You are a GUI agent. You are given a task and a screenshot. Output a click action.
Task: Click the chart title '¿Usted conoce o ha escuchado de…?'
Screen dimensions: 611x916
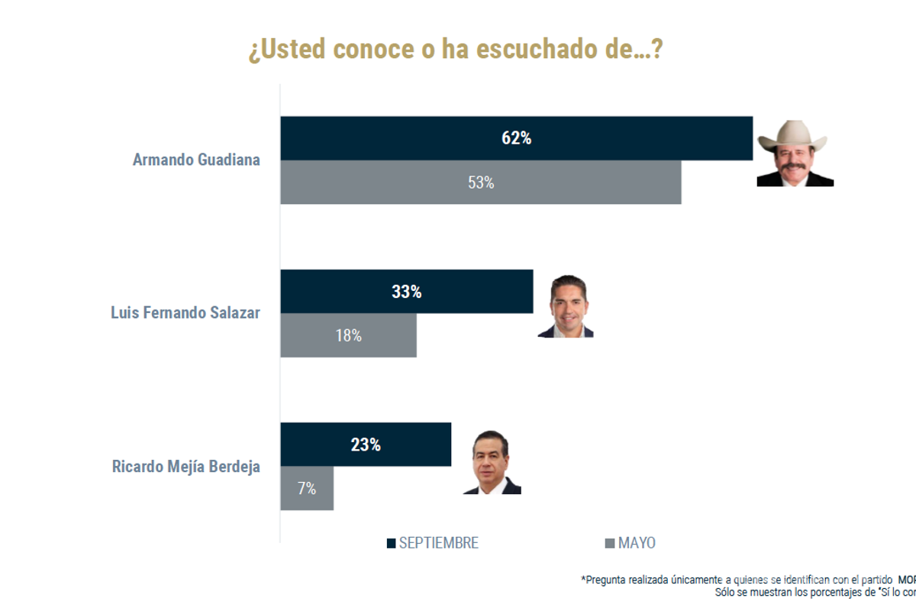coord(455,50)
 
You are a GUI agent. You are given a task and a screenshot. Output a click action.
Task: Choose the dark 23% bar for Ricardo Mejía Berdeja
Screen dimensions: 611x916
coord(321,445)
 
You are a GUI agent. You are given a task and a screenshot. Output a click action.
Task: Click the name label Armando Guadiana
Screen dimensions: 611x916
coord(196,160)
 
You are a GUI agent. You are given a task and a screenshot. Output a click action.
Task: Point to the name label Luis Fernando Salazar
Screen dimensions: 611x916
coord(185,313)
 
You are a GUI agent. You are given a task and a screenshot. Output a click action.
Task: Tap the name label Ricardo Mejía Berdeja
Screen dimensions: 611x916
coord(185,467)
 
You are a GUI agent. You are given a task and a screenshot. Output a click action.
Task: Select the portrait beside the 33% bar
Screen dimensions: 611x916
coord(565,306)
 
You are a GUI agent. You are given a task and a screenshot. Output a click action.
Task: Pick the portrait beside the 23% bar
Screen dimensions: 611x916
coord(492,463)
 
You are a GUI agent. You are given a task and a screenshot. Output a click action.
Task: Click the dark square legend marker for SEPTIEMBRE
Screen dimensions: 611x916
coord(391,544)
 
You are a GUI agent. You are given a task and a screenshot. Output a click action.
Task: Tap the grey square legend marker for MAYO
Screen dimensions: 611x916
coord(609,544)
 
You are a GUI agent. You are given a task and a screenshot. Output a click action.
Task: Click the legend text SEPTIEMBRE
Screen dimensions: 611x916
coord(439,544)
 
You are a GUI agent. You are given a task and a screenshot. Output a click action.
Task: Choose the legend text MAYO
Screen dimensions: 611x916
coord(637,544)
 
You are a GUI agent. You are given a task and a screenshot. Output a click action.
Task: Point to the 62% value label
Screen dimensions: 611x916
coord(516,138)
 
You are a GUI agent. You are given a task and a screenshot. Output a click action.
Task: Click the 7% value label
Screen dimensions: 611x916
coord(307,489)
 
